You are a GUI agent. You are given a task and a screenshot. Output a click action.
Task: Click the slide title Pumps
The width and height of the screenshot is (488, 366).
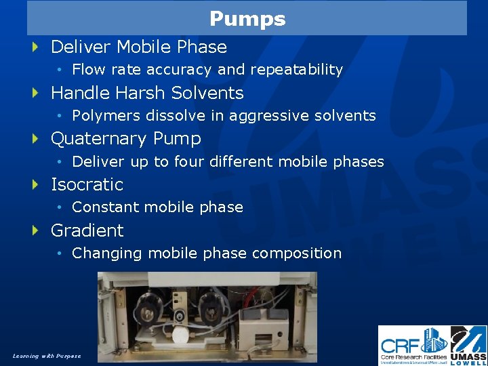(247, 18)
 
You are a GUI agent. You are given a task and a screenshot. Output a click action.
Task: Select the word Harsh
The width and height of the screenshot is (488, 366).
(140, 93)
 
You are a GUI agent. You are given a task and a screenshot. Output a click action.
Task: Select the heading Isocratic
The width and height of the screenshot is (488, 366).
(87, 184)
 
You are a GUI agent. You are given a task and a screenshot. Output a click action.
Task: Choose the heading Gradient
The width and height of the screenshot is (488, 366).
(87, 230)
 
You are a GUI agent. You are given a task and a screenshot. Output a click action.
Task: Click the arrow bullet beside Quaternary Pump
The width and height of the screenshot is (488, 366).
(36, 138)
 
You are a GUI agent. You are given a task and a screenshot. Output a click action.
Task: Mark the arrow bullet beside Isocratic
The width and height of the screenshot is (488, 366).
(36, 184)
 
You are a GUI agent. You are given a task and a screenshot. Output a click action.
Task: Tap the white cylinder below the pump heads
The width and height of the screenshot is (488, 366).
(181, 335)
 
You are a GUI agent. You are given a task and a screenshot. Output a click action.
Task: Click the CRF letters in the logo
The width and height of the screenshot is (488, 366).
(401, 340)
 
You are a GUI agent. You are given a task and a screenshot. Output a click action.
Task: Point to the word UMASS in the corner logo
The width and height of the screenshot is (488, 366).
(468, 356)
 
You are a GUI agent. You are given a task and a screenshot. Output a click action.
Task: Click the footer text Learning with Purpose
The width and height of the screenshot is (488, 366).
(46, 356)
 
